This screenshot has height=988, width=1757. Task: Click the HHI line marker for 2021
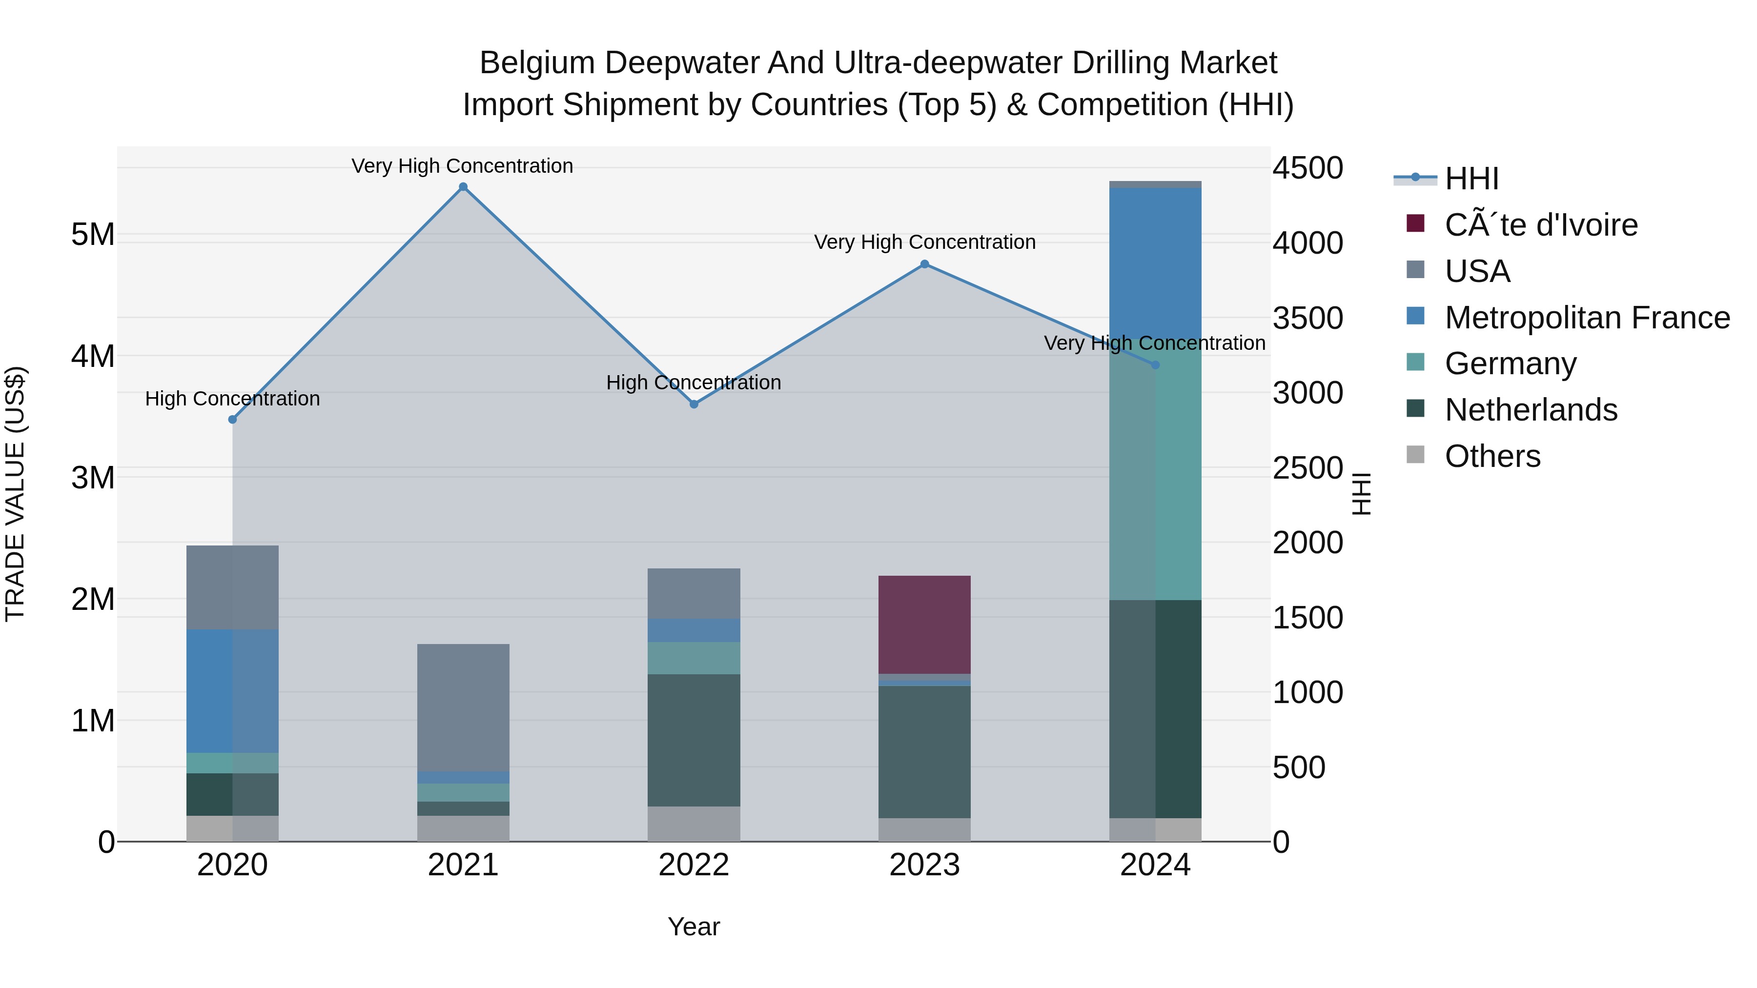463,187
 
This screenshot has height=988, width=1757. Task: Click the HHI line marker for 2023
924,264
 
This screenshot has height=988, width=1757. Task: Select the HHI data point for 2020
233,419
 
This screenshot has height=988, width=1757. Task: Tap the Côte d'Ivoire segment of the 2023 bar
924,624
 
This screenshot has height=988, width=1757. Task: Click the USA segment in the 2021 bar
463,706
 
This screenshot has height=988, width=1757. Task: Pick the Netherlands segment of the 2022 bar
694,740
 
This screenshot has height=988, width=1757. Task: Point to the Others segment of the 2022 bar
694,824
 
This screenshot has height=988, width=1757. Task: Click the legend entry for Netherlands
1531,410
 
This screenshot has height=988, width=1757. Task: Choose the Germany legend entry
1510,363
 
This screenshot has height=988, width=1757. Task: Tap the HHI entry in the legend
1471,179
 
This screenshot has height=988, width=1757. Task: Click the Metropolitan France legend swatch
1415,316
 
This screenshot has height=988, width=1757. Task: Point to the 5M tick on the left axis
93,235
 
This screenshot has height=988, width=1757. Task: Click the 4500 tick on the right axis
1308,168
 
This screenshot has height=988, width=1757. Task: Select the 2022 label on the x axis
694,865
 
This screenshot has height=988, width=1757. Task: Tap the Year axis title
694,927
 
